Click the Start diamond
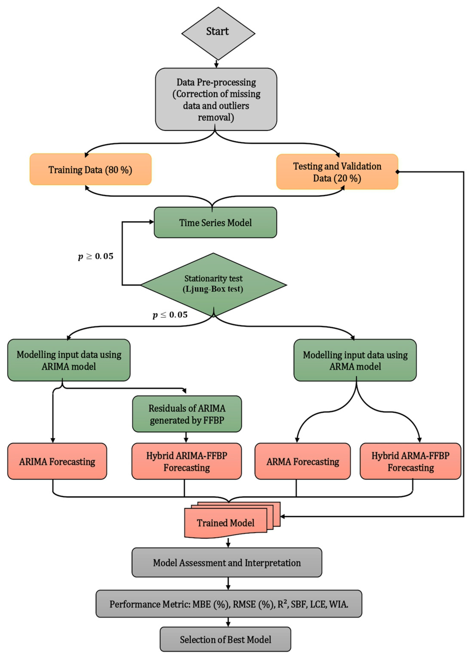coord(218,33)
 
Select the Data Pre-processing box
coord(216,99)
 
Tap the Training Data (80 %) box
coord(90,169)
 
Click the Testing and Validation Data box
coord(337,172)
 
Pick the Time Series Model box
coord(215,223)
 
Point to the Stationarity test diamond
coord(214,284)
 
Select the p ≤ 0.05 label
coord(170,315)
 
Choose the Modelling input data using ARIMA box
coord(69,360)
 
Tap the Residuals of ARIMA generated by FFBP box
coord(187,414)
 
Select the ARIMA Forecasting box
coord(57,462)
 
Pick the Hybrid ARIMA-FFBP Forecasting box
coord(187,462)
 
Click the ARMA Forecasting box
coord(302,462)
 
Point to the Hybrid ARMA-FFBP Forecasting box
coord(410,462)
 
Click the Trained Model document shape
coord(226,523)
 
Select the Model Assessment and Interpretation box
coord(227,563)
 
